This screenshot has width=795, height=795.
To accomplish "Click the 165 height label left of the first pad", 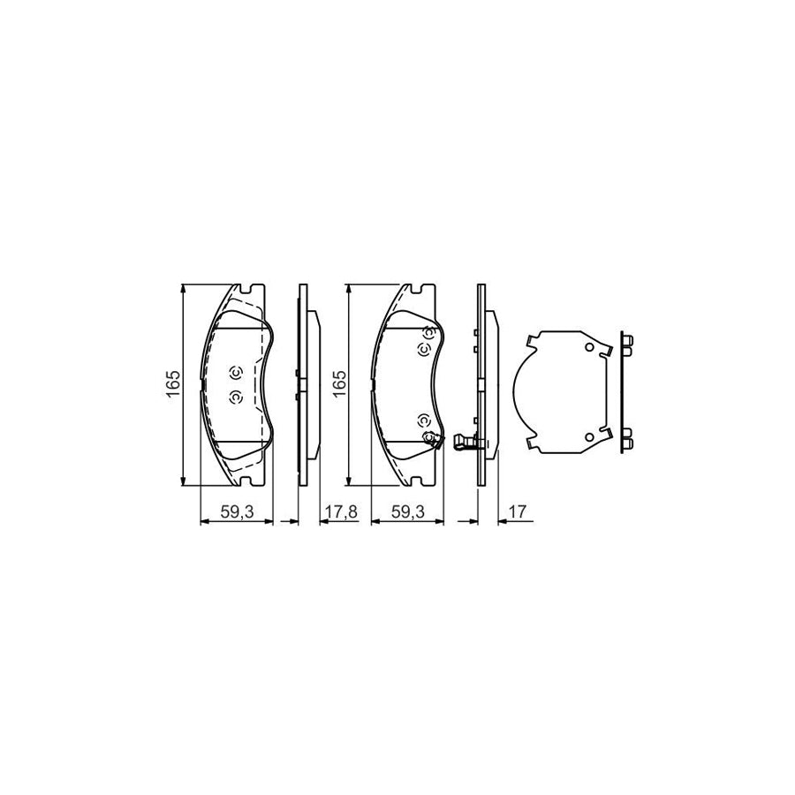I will (x=173, y=384).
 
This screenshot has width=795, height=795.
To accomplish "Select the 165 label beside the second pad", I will (x=339, y=384).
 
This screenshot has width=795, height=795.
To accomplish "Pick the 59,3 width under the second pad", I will (x=405, y=511).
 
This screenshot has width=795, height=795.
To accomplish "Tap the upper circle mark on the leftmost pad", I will (x=235, y=372).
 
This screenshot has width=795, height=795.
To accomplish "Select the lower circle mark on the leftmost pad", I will (x=235, y=397).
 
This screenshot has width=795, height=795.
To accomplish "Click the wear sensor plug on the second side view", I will (x=463, y=442).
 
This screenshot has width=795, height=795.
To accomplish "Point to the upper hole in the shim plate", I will (x=587, y=347).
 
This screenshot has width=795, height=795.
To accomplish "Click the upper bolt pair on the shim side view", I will (x=627, y=345).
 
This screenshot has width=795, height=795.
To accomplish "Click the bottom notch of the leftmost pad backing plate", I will (x=247, y=482).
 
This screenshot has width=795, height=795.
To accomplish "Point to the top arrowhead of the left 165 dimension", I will (x=183, y=289).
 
